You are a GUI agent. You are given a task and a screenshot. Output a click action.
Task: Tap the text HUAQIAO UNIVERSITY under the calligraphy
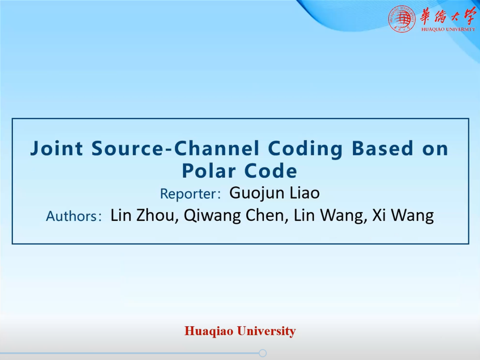pos(448,29)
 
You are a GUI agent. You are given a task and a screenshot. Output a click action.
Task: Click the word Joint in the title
pos(56,149)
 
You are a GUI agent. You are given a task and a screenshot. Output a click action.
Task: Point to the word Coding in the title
pos(305,149)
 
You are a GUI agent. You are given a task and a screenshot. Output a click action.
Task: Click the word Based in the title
pos(383,148)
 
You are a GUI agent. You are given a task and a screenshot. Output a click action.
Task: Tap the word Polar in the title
pos(209,171)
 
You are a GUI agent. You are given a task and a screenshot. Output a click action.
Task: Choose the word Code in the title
pos(271,171)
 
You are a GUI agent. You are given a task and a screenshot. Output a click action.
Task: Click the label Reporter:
pos(190,194)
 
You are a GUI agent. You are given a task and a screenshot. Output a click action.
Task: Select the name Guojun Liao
pos(275,193)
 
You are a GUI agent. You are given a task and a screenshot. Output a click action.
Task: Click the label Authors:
pos(74,216)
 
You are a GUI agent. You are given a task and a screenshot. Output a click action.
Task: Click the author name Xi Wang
pos(403,216)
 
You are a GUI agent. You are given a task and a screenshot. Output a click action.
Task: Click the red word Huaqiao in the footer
pos(209,331)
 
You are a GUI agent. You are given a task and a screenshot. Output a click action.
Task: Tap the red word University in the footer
pos(266,331)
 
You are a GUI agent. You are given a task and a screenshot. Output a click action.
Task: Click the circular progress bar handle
pos(262,353)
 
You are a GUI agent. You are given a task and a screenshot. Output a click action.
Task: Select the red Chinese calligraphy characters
pos(447,16)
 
